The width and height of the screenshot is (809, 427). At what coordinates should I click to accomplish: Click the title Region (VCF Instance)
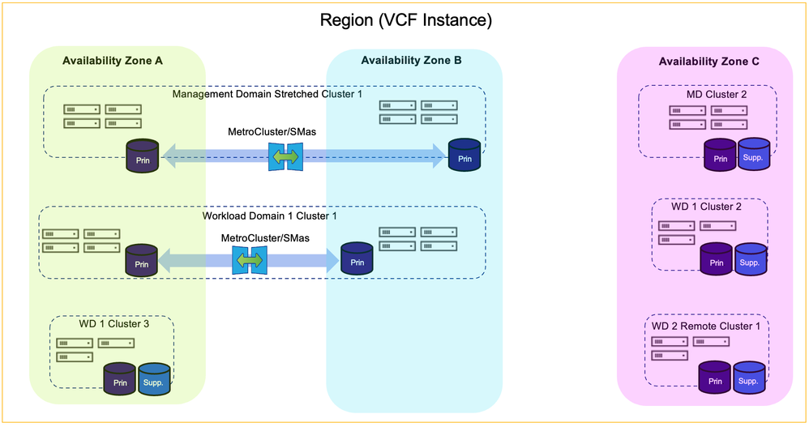(404, 19)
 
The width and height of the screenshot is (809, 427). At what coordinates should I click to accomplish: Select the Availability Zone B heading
(411, 60)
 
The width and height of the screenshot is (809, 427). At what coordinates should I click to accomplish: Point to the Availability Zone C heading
(708, 61)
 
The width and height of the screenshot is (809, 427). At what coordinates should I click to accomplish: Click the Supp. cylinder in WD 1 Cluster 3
(154, 379)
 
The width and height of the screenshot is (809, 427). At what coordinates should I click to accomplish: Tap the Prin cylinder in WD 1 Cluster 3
(119, 379)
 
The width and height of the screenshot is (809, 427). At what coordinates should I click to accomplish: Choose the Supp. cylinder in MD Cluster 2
(753, 154)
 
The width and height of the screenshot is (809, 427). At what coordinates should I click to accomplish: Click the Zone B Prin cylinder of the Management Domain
(464, 156)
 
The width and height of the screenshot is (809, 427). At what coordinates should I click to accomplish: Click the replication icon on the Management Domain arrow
(285, 155)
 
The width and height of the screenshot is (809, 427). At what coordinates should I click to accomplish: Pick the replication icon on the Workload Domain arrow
(249, 259)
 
